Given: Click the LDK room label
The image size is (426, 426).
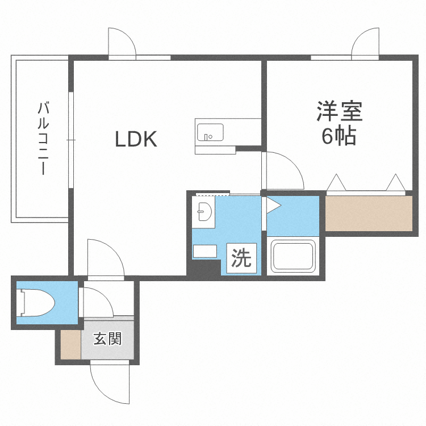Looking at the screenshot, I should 136,139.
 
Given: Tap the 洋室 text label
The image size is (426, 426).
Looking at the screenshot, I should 340,111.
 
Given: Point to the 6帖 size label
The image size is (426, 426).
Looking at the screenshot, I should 340,136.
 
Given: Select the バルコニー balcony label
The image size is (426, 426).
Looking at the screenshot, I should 43,138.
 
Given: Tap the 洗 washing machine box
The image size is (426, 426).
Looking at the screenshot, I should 241,258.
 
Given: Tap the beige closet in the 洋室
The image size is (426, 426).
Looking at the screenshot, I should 369,213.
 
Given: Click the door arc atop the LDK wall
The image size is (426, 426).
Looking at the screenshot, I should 122,43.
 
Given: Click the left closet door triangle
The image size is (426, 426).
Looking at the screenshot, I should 336,183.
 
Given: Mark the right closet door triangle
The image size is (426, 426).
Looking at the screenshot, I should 395,183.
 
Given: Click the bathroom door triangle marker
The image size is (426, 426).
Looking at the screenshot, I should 273,204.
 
